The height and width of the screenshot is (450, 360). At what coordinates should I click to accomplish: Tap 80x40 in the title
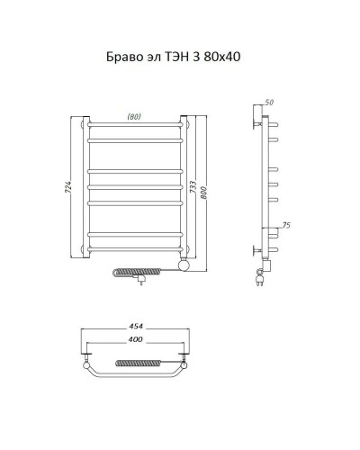(x=222, y=57)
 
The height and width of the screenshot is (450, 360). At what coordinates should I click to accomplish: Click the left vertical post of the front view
(x=83, y=189)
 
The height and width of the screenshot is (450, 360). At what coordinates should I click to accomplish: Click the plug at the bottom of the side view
(x=262, y=280)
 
